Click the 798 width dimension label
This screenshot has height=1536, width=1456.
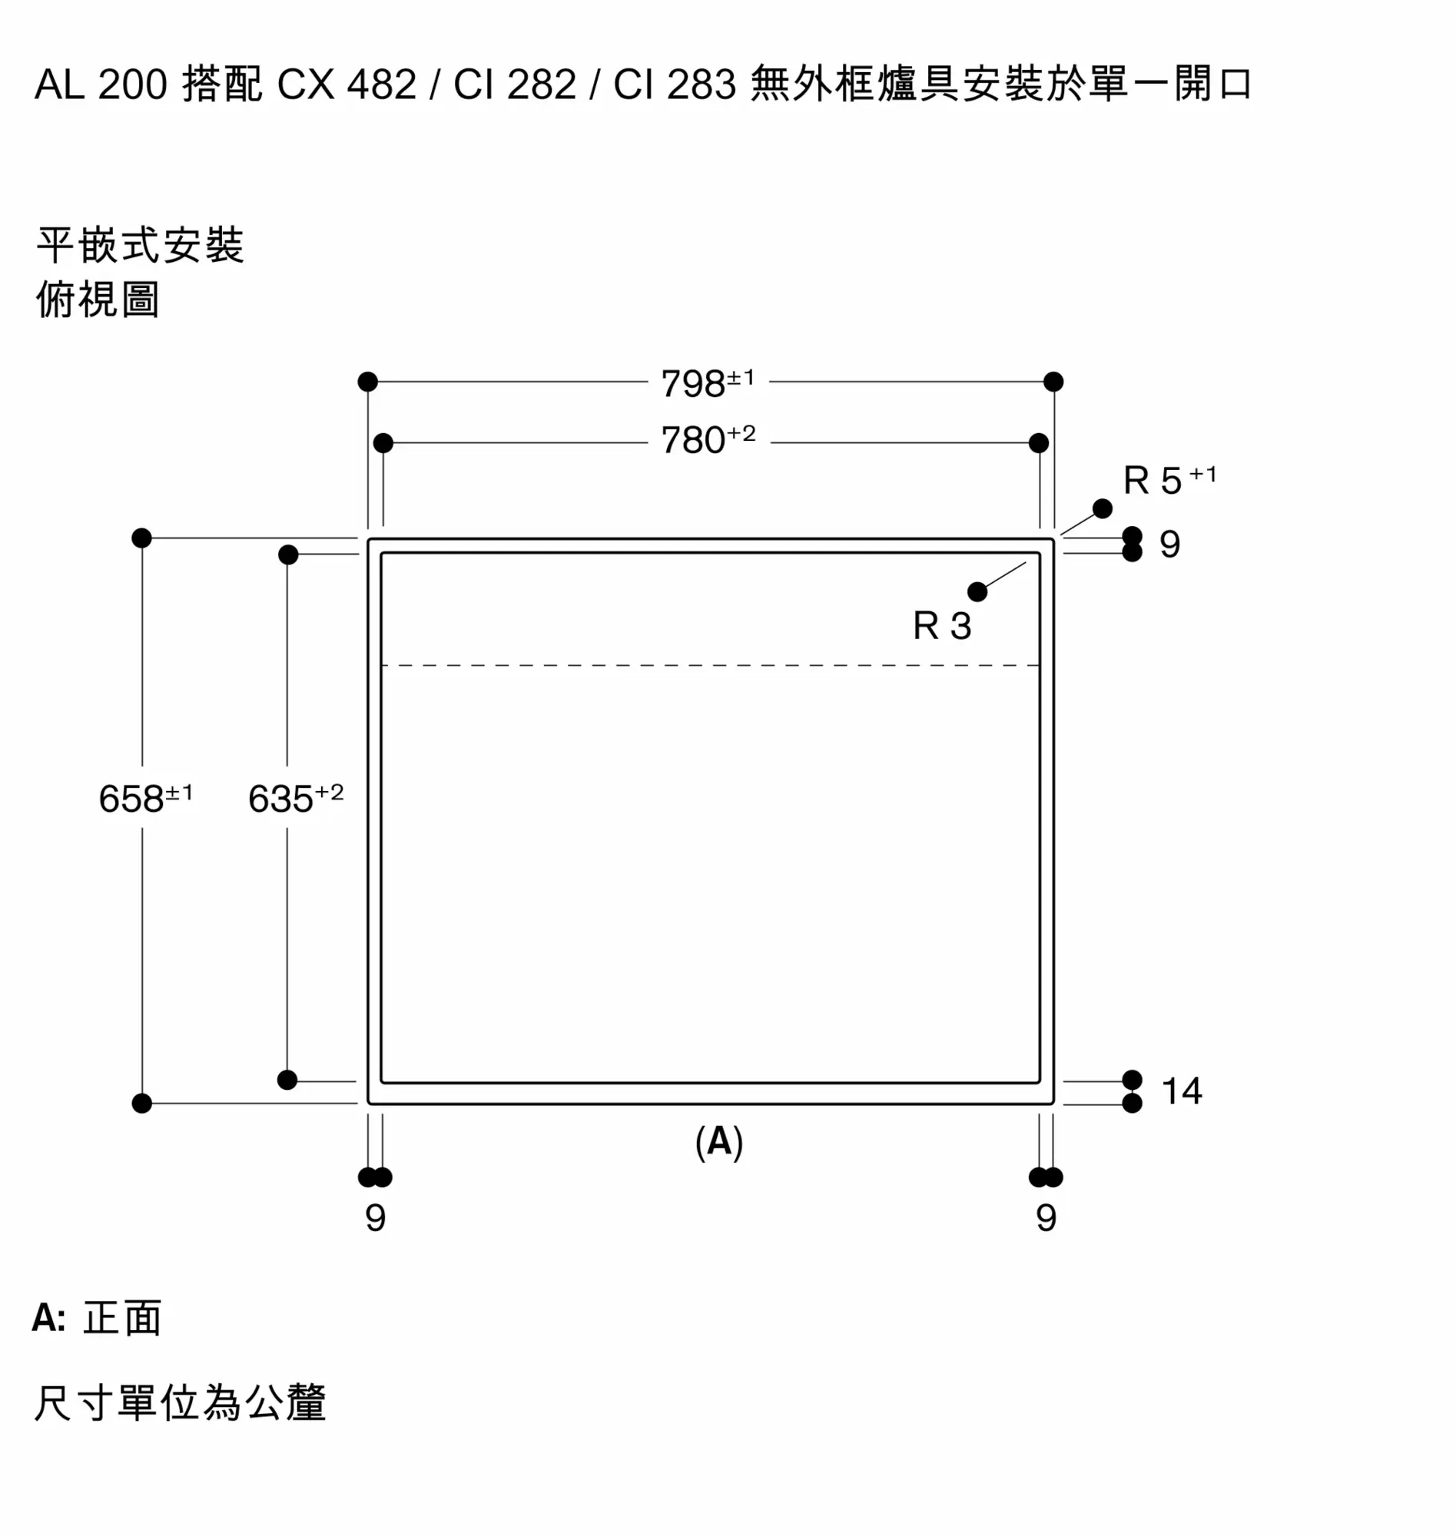pyautogui.click(x=707, y=382)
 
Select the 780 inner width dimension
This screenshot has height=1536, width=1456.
pyautogui.click(x=707, y=440)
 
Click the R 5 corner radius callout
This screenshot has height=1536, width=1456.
pyautogui.click(x=1169, y=480)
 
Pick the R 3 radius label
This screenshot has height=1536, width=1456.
pyautogui.click(x=941, y=626)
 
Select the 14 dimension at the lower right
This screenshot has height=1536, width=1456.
pyautogui.click(x=1181, y=1091)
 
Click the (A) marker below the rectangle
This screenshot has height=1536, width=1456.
pyautogui.click(x=718, y=1142)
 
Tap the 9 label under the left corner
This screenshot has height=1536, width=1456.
pyautogui.click(x=376, y=1218)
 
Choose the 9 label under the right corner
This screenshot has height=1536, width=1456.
pyautogui.click(x=1046, y=1218)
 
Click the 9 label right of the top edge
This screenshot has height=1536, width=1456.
pyautogui.click(x=1169, y=545)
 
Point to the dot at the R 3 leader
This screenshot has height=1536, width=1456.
pyautogui.click(x=977, y=593)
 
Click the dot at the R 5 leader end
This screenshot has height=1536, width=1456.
pyautogui.click(x=1102, y=509)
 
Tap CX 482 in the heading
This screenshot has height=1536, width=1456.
pyautogui.click(x=347, y=84)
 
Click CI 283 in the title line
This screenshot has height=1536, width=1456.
pyautogui.click(x=675, y=84)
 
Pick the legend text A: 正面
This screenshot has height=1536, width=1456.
pyautogui.click(x=97, y=1318)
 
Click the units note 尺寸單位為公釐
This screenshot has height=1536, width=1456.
pyautogui.click(x=180, y=1403)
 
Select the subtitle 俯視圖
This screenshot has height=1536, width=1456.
pyautogui.click(x=98, y=300)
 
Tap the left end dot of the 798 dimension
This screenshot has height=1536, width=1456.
pyautogui.click(x=368, y=382)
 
